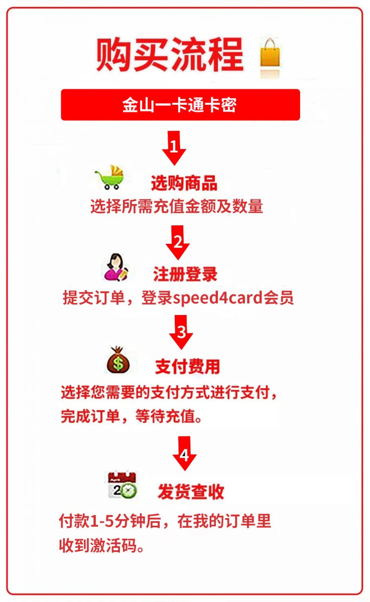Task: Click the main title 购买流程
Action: [x=170, y=55]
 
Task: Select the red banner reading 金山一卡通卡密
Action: [x=180, y=104]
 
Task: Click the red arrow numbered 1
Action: [x=174, y=148]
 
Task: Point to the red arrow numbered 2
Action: [x=178, y=242]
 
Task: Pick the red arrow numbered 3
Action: [x=181, y=332]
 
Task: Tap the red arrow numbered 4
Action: [x=184, y=454]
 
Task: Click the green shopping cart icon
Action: [x=109, y=178]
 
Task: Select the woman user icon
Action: [x=116, y=267]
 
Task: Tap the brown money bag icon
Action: [x=118, y=360]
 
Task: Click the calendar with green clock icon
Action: [x=122, y=485]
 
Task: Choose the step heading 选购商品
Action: [x=184, y=183]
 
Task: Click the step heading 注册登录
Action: [x=185, y=274]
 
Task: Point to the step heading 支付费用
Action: [x=187, y=367]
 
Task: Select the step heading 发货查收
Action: [x=191, y=492]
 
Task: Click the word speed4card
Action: [x=217, y=298]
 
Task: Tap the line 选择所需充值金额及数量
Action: [x=177, y=206]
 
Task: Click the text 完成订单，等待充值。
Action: [x=132, y=417]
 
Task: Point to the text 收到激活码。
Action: [x=101, y=545]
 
